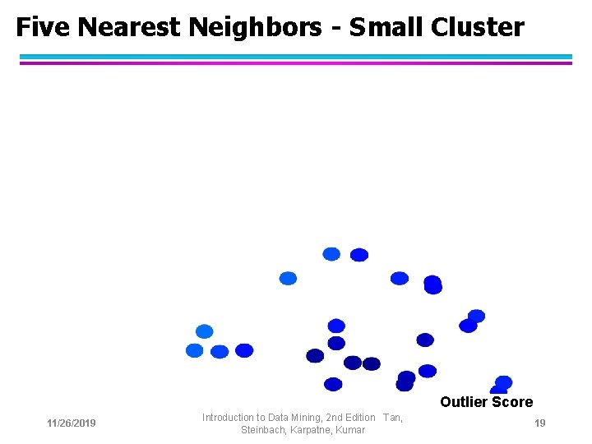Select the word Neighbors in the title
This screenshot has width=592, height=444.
coord(255,28)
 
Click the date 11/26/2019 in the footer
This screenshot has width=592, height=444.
coord(72,423)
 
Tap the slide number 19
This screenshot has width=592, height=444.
coord(540,423)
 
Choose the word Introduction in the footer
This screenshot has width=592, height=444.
coord(229,418)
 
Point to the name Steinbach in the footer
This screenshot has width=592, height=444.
coord(263,430)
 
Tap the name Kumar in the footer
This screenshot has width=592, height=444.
coord(350,430)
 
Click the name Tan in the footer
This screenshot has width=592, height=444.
coord(391,418)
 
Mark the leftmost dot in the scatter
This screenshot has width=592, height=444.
coord(195,350)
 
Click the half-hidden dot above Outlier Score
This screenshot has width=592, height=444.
coord(499,391)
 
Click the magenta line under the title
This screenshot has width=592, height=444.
coord(296,63)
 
